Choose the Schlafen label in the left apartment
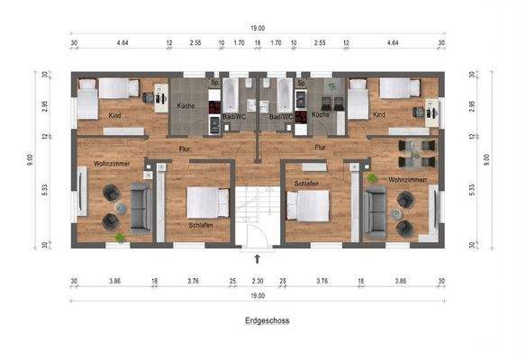click(200, 224)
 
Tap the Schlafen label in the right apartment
click(306, 183)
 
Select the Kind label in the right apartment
click(379, 114)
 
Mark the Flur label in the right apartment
click(319, 146)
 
